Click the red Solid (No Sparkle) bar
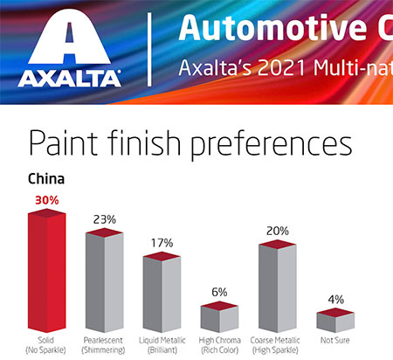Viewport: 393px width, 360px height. click(x=46, y=271)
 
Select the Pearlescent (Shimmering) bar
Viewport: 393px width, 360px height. click(x=104, y=280)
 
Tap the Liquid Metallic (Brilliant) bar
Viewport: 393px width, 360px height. click(x=162, y=292)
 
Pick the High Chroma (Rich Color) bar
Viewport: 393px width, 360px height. click(x=219, y=317)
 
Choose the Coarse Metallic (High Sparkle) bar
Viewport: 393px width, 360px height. click(x=278, y=286)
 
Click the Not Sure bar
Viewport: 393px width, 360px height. click(x=335, y=321)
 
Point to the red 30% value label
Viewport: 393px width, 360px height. click(x=47, y=200)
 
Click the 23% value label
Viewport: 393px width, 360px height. click(x=105, y=219)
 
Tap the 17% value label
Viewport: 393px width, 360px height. click(x=162, y=243)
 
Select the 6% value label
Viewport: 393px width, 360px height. click(x=219, y=292)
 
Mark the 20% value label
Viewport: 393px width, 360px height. click(x=278, y=231)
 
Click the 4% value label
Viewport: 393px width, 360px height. click(x=335, y=300)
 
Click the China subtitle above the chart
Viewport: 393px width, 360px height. click(x=46, y=179)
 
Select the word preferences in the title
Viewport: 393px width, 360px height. click(x=272, y=145)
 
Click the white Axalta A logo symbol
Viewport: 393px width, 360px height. click(x=69, y=37)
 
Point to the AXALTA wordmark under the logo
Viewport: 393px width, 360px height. click(x=69, y=79)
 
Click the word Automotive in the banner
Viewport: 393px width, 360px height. click(x=272, y=28)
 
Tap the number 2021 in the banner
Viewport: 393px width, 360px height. click(x=281, y=68)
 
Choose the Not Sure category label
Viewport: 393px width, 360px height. click(x=335, y=340)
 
